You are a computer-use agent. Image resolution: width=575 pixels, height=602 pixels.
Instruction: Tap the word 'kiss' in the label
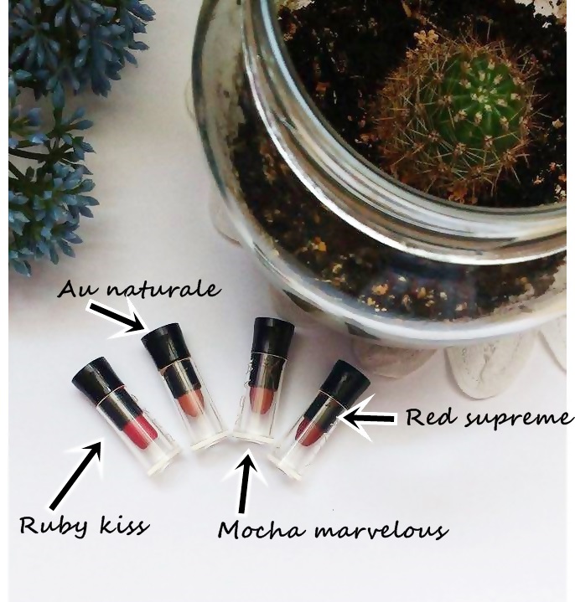(125, 524)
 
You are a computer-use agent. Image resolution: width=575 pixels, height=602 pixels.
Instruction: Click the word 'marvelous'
(381, 531)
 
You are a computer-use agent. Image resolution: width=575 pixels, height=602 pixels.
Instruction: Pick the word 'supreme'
(517, 419)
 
